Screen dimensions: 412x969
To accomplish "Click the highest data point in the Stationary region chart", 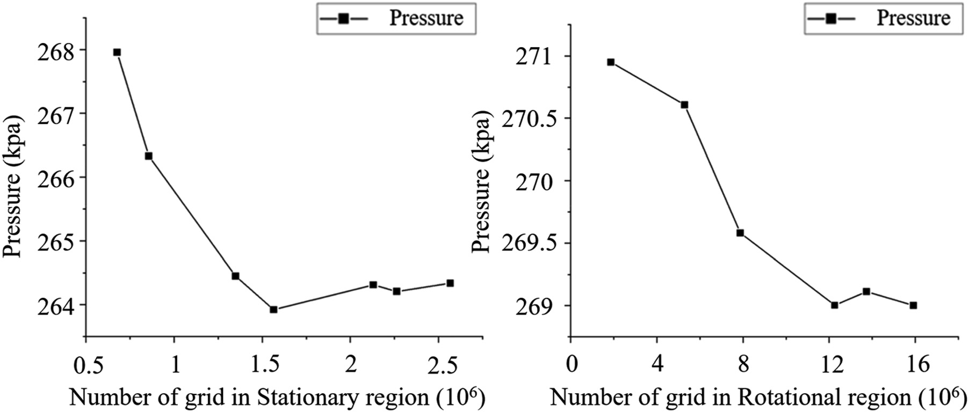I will [117, 52].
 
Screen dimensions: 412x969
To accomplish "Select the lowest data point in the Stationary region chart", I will [273, 309].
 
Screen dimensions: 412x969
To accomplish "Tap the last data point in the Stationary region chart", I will [450, 283].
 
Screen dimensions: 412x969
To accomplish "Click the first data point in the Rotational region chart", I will [610, 62].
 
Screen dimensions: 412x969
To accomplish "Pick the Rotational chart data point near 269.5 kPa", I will [740, 232].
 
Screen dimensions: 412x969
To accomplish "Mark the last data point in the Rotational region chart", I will [913, 305].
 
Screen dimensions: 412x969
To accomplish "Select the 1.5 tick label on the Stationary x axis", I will [263, 365].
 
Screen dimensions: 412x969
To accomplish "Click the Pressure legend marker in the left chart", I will [343, 19].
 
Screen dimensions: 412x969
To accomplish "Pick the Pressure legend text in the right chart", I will [914, 18].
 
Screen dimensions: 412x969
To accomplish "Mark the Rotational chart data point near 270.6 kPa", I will [684, 105].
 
